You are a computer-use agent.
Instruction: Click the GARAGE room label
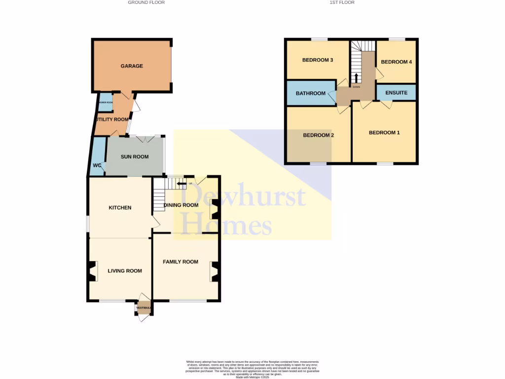[132, 66]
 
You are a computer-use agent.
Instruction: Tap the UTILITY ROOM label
[113, 119]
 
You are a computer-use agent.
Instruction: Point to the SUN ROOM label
[135, 157]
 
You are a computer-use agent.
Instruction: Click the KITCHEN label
[120, 208]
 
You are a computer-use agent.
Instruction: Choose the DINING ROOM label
[180, 205]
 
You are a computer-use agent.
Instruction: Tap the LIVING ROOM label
[125, 271]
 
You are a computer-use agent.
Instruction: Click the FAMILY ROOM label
[180, 262]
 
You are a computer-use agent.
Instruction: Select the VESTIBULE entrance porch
[143, 308]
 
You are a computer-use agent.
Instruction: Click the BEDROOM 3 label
[318, 60]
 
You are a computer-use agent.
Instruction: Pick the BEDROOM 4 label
[396, 62]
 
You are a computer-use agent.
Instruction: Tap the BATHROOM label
[310, 94]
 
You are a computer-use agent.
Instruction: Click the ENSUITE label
[396, 93]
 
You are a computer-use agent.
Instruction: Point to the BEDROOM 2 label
[319, 135]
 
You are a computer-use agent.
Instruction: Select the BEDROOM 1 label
[384, 133]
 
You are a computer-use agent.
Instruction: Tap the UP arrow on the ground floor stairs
[181, 185]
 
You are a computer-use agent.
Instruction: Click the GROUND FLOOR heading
[146, 2]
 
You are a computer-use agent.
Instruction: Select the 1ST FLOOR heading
[342, 2]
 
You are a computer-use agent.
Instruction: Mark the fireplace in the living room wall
[92, 271]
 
